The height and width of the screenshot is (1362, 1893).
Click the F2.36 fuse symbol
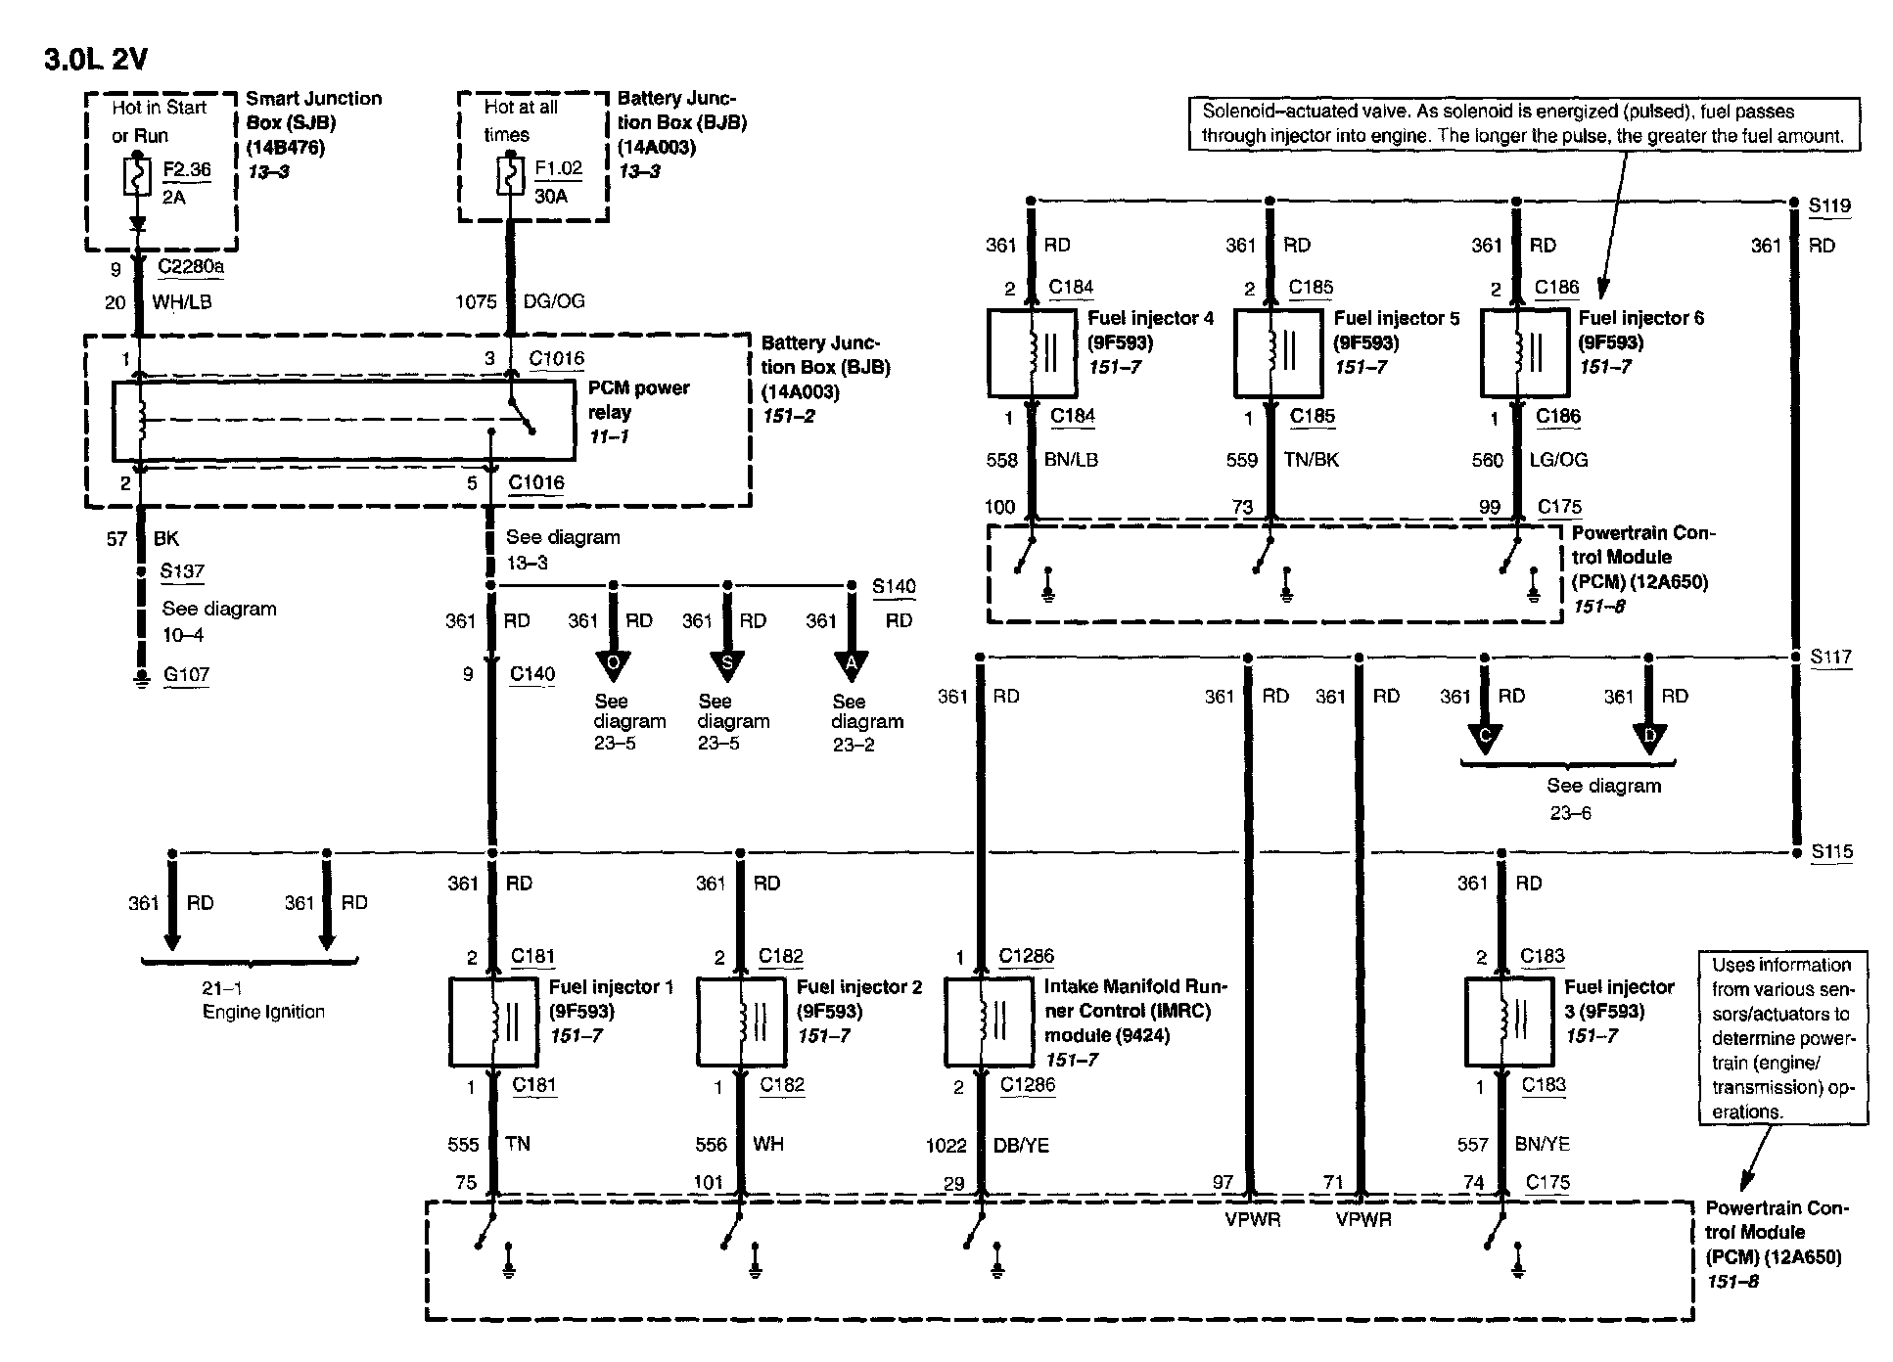(x=137, y=176)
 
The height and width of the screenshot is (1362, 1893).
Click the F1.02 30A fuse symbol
(x=510, y=176)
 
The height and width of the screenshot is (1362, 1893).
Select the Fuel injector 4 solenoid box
(x=1032, y=353)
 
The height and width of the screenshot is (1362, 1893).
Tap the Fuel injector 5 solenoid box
(x=1277, y=353)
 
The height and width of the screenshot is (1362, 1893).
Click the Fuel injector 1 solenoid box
(x=493, y=1021)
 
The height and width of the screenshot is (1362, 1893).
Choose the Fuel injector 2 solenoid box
(x=741, y=1021)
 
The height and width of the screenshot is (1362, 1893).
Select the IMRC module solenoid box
(x=989, y=1021)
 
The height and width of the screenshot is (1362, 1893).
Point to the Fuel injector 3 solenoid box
(x=1508, y=1021)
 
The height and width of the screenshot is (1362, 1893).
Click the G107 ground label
(x=186, y=674)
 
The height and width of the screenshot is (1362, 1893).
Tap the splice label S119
(x=1829, y=205)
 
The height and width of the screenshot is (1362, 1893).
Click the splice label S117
(x=1830, y=657)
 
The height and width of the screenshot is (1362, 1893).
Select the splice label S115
(x=1831, y=851)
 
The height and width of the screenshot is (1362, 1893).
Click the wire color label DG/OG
(x=554, y=301)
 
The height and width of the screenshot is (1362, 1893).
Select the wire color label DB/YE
(x=1021, y=1144)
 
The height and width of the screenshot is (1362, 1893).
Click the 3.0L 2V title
(x=96, y=60)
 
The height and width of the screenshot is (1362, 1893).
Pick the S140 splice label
(x=894, y=586)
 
